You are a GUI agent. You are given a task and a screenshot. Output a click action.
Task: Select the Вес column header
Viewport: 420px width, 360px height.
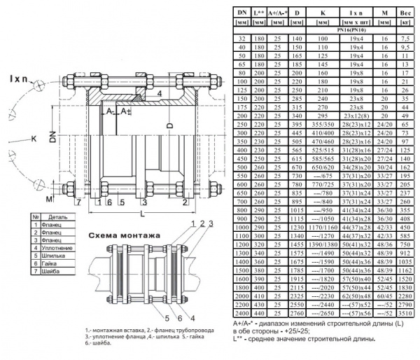click(x=405, y=12)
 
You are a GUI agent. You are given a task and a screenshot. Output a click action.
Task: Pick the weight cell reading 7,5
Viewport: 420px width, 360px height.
click(x=405, y=39)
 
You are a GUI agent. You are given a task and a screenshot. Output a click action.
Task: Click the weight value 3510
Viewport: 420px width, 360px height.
click(x=405, y=313)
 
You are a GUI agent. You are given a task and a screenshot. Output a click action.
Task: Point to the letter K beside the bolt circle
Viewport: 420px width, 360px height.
click(x=33, y=139)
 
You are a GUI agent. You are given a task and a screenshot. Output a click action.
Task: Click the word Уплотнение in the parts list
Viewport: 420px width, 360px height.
click(x=57, y=247)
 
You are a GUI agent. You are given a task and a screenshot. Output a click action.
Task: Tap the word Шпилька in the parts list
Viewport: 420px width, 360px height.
click(x=54, y=255)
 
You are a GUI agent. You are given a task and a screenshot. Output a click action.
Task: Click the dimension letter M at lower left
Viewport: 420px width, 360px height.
click(x=48, y=198)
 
